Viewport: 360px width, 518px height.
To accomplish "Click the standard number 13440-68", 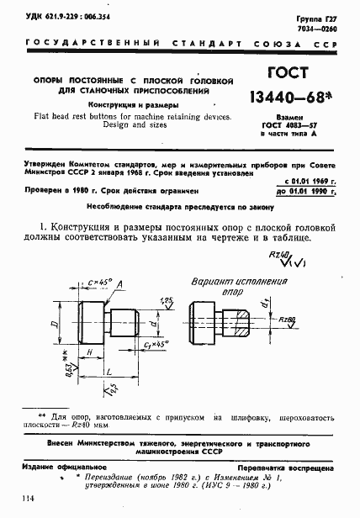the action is point(290,103).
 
